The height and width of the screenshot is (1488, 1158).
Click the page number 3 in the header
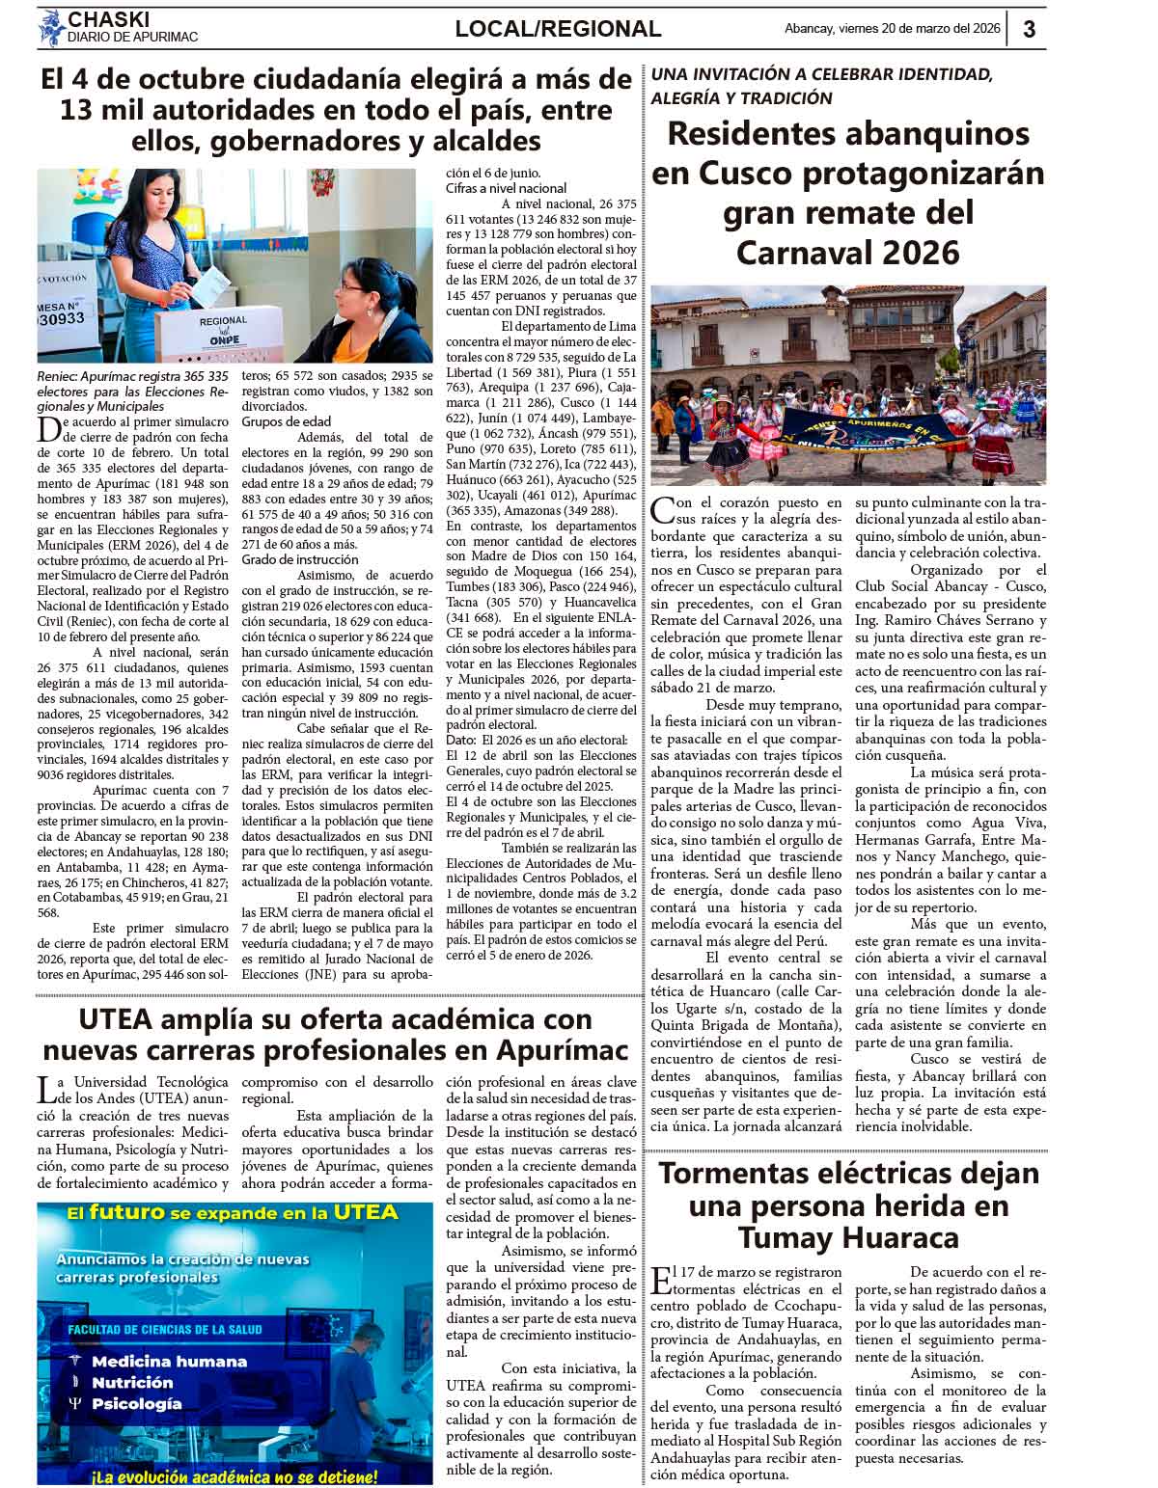tap(1029, 29)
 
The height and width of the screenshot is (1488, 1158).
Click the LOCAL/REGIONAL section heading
tap(558, 29)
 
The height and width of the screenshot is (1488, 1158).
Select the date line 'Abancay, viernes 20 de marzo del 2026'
tap(892, 29)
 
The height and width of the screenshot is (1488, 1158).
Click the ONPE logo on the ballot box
tap(223, 338)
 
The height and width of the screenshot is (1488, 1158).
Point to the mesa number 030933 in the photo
tap(63, 317)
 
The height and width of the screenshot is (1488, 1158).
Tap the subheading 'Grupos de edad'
tap(286, 421)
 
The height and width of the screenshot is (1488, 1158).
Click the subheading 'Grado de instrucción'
tap(300, 559)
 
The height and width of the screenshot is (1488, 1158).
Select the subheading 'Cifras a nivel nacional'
tap(507, 188)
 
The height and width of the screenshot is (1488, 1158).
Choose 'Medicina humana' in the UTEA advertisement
tap(169, 1361)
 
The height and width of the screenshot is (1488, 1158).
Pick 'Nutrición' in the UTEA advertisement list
tap(132, 1382)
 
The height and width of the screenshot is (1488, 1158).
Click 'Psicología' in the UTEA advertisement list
tap(136, 1404)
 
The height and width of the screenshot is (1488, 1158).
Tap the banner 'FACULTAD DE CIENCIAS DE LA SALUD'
tap(165, 1330)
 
